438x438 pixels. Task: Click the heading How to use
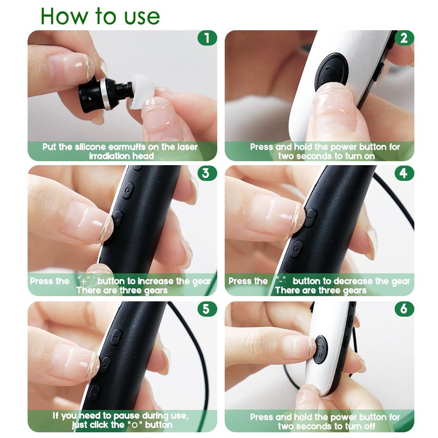[x=100, y=16]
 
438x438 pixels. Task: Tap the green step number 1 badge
[x=207, y=38]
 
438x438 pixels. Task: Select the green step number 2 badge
[x=404, y=38]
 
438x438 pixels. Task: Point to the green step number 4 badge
[x=404, y=173]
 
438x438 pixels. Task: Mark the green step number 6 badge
[x=404, y=309]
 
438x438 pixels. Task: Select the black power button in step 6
[x=321, y=349]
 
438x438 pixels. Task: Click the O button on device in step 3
[x=127, y=191]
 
